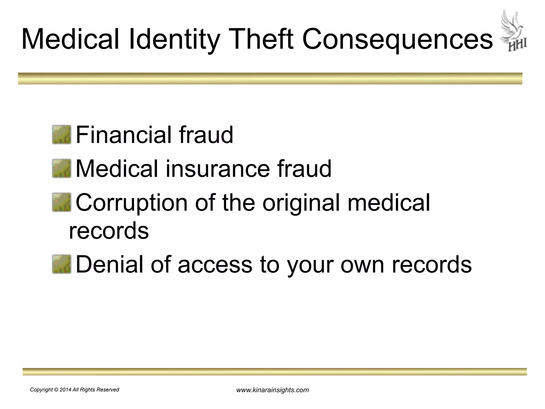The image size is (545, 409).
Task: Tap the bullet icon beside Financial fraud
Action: click(61, 135)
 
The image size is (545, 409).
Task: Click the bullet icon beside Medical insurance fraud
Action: click(61, 169)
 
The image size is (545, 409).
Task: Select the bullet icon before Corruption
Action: click(61, 202)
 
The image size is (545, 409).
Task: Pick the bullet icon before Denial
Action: click(61, 264)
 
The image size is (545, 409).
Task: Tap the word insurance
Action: click(218, 169)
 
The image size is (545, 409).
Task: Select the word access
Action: click(215, 265)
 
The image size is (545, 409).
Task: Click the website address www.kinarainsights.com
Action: click(272, 390)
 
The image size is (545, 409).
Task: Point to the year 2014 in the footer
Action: click(65, 390)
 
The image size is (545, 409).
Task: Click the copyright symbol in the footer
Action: click(56, 390)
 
